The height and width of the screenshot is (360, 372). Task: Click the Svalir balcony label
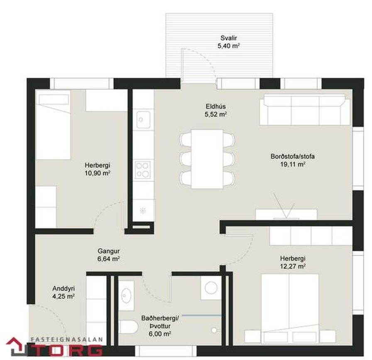(228, 38)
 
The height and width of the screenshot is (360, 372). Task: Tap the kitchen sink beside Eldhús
(143, 119)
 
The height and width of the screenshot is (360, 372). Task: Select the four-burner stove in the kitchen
(143, 170)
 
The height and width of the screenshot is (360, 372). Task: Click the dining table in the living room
(207, 159)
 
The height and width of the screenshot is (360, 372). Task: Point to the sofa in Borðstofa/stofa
(305, 110)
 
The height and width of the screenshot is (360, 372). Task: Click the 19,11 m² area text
(293, 164)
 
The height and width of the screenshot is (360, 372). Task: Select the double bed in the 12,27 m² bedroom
(290, 309)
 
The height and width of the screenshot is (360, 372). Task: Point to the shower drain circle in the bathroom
(214, 330)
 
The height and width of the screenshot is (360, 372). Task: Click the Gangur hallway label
(108, 251)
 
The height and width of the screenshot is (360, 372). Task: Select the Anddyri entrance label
(64, 289)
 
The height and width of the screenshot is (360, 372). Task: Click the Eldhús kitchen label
(215, 106)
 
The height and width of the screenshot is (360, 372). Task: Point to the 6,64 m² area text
(108, 259)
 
